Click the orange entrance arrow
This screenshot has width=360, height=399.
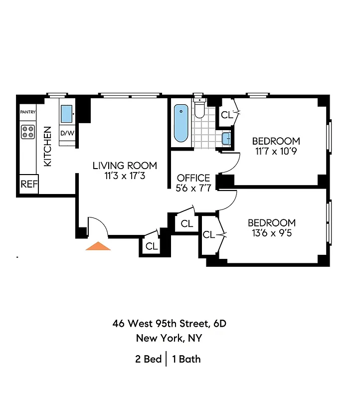[x=98, y=245]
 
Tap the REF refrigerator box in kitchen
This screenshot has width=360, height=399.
[x=29, y=184]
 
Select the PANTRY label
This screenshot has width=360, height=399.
[x=28, y=112]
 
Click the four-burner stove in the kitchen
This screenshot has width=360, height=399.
[x=28, y=132]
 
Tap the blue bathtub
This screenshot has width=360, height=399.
[x=181, y=123]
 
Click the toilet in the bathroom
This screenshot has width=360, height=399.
[x=199, y=109]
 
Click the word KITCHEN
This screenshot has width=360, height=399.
[x=48, y=146]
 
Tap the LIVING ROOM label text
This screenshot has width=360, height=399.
[x=125, y=166]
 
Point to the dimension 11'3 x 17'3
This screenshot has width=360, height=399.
[x=125, y=176]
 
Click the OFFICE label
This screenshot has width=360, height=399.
[x=193, y=178]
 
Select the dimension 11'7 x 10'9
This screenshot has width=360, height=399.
[x=276, y=151]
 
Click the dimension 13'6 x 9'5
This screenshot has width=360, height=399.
[x=272, y=233]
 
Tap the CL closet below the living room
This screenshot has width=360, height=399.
[x=151, y=246]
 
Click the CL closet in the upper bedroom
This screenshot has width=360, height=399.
[x=227, y=115]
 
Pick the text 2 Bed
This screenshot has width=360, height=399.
[x=149, y=359]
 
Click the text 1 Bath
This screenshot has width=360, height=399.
[x=186, y=359]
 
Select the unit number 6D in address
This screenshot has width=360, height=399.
[x=219, y=323]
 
